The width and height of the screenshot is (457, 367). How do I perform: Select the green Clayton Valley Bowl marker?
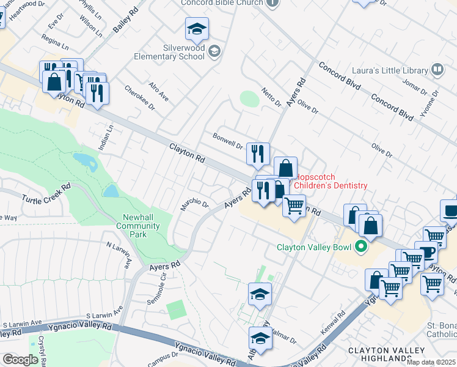point(361,248)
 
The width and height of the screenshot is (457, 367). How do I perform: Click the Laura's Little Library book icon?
point(437,70)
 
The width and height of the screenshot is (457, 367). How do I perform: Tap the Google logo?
point(20,359)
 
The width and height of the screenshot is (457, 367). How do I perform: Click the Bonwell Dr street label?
point(228,141)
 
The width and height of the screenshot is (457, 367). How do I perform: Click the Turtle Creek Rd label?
point(46,193)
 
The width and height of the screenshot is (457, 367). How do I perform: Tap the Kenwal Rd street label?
point(333,324)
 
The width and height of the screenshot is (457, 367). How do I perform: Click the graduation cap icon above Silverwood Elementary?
point(197,29)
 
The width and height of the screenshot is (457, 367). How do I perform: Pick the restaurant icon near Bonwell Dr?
point(258,154)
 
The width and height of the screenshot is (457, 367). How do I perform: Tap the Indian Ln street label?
point(103,138)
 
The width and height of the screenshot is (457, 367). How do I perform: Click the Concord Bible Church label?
point(221,2)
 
